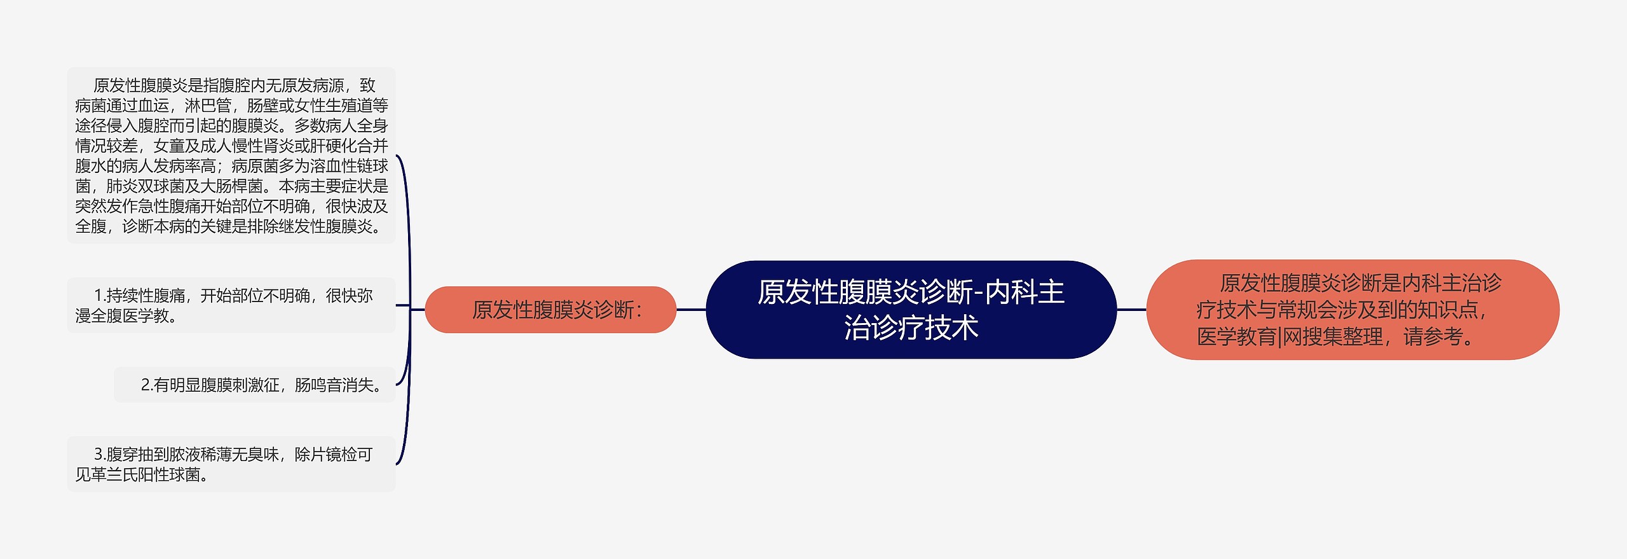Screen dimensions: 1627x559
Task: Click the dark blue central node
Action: point(911,310)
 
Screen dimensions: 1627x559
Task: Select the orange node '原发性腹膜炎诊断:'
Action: point(550,310)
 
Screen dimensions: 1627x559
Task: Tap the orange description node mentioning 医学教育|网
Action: point(1352,310)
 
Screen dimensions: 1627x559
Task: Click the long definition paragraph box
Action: point(231,155)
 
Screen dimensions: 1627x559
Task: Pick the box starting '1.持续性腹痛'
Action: point(231,305)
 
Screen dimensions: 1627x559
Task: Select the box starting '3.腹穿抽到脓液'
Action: point(231,464)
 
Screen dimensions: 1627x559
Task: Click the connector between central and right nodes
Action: point(1131,310)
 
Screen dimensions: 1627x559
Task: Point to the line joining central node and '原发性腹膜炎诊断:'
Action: point(691,310)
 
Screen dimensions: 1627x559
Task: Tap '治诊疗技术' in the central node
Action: point(911,328)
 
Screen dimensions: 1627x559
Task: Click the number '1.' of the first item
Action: point(99,296)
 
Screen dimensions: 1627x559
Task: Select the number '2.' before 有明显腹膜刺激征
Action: point(147,385)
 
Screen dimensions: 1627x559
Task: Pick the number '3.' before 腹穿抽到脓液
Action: point(100,455)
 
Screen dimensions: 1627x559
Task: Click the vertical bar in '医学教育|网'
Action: point(1279,336)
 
